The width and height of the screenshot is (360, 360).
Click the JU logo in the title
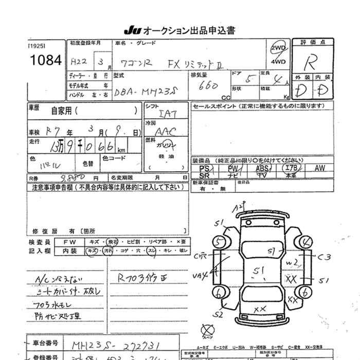pos(130,30)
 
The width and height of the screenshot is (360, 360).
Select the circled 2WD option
pos(278,49)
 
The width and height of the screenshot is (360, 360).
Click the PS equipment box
pos(204,168)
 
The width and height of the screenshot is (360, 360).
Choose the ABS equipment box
pos(263,168)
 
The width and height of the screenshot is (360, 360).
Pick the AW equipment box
pos(320,168)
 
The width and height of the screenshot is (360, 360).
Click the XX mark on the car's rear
pos(260,308)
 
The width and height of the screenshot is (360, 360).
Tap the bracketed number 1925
pos(36,46)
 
